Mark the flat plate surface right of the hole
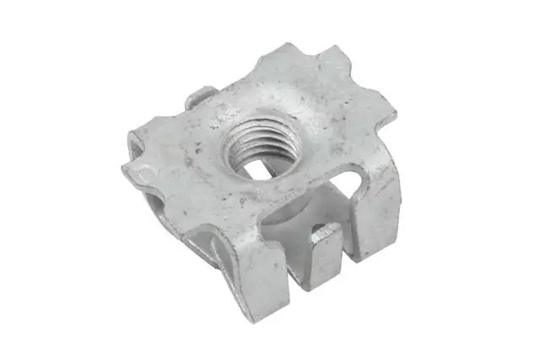321,143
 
